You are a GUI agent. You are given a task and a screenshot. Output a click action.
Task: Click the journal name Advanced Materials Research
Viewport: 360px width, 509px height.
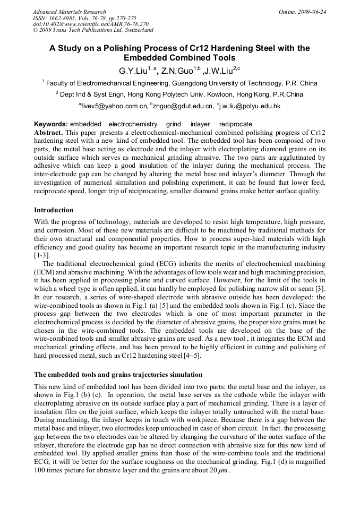point(69,12)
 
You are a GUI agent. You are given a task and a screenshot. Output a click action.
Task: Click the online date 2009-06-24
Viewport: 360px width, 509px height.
point(314,12)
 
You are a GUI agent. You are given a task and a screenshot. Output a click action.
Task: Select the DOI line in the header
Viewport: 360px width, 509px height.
point(90,24)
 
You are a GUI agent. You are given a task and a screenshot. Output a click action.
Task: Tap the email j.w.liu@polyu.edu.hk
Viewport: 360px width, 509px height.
point(250,106)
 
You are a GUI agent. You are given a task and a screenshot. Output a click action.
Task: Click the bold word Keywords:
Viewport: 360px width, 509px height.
point(50,124)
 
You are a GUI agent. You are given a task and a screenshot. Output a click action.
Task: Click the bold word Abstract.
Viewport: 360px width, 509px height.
point(49,132)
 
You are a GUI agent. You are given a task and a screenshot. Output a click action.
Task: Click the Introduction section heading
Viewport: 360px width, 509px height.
point(54,210)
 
